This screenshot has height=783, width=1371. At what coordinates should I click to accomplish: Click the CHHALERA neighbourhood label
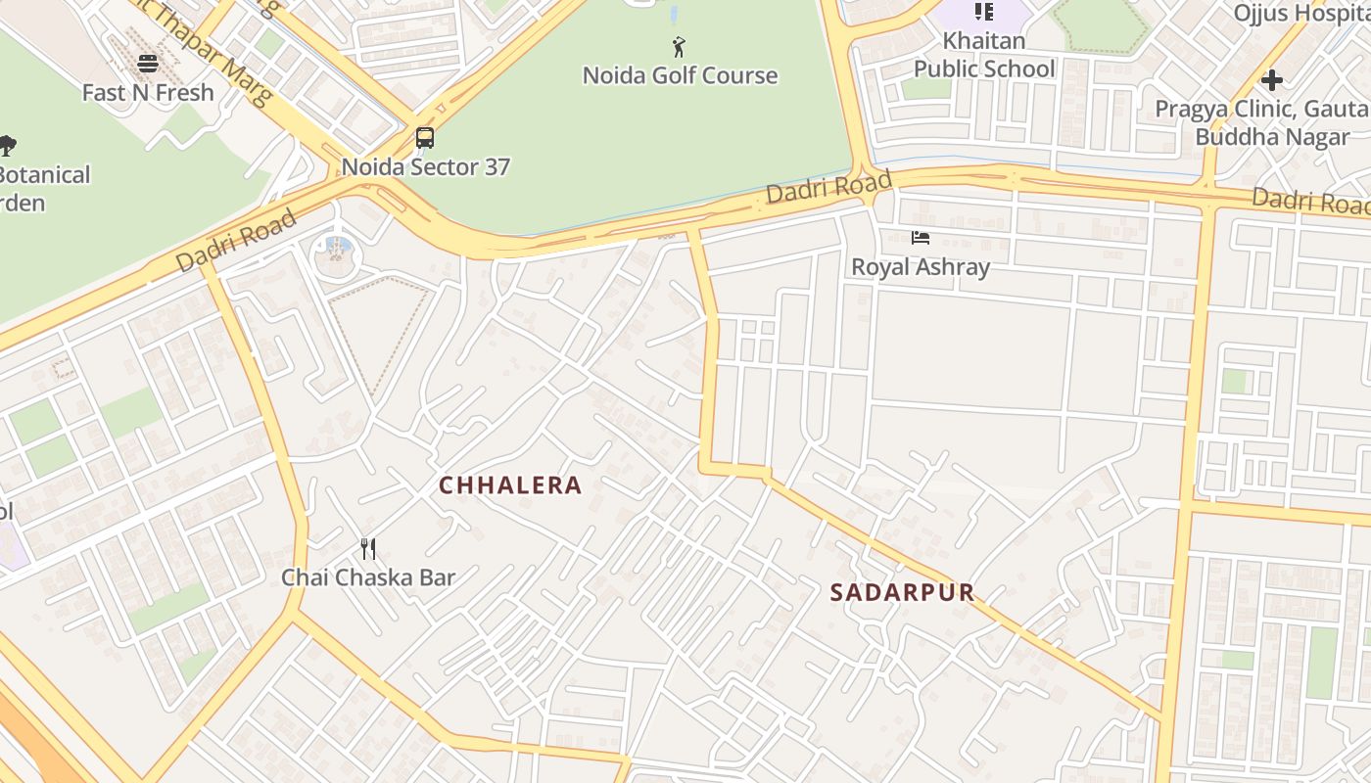pyautogui.click(x=510, y=485)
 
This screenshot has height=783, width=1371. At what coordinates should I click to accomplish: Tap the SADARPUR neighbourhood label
pyautogui.click(x=902, y=592)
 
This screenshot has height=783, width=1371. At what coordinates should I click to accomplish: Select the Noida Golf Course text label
pyautogui.click(x=680, y=75)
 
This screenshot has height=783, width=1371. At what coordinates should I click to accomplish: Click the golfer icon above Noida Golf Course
pyautogui.click(x=679, y=46)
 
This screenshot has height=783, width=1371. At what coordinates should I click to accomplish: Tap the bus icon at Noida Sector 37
pyautogui.click(x=424, y=138)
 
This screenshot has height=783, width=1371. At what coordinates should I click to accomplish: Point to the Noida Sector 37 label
pyautogui.click(x=425, y=166)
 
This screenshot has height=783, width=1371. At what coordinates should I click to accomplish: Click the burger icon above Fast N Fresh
pyautogui.click(x=148, y=64)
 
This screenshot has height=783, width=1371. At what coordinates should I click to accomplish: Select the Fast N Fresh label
pyautogui.click(x=148, y=93)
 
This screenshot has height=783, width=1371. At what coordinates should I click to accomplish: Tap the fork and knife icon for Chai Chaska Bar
pyautogui.click(x=368, y=549)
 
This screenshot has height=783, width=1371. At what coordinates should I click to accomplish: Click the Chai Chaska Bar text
pyautogui.click(x=368, y=577)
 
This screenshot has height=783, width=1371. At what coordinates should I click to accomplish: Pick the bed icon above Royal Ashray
pyautogui.click(x=920, y=238)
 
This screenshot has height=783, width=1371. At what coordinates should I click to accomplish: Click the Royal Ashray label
pyautogui.click(x=920, y=266)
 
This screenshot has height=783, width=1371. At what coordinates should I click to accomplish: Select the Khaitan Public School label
pyautogui.click(x=984, y=55)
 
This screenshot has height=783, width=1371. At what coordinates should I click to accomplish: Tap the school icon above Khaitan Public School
pyautogui.click(x=984, y=12)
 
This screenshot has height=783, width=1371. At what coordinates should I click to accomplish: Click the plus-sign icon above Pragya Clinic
pyautogui.click(x=1271, y=80)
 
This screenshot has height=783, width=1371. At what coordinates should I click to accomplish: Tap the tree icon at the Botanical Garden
pyautogui.click(x=6, y=147)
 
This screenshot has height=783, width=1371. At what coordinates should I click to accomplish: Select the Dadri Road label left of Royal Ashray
pyautogui.click(x=828, y=186)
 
